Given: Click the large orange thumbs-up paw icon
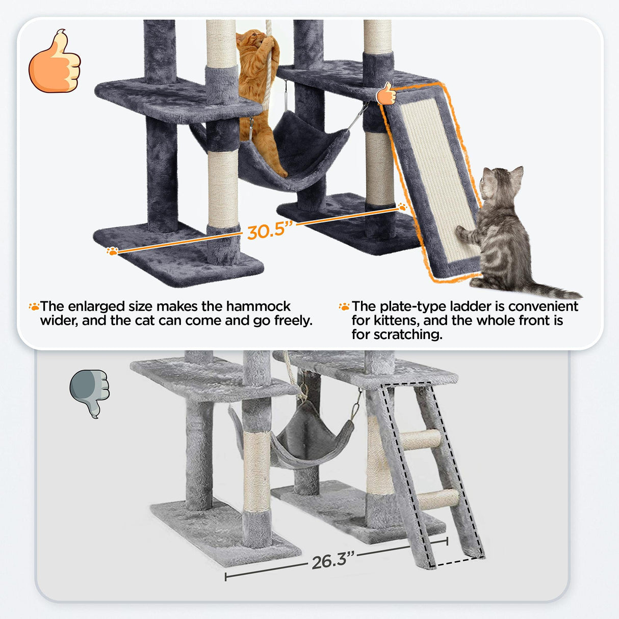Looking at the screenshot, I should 55,62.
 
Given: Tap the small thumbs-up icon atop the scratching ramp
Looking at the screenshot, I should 386,94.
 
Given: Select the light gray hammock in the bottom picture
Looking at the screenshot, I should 311,433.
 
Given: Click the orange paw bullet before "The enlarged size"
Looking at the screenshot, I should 34,306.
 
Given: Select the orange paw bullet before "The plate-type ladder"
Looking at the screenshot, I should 344,306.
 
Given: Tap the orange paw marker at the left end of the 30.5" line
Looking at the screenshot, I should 112,250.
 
